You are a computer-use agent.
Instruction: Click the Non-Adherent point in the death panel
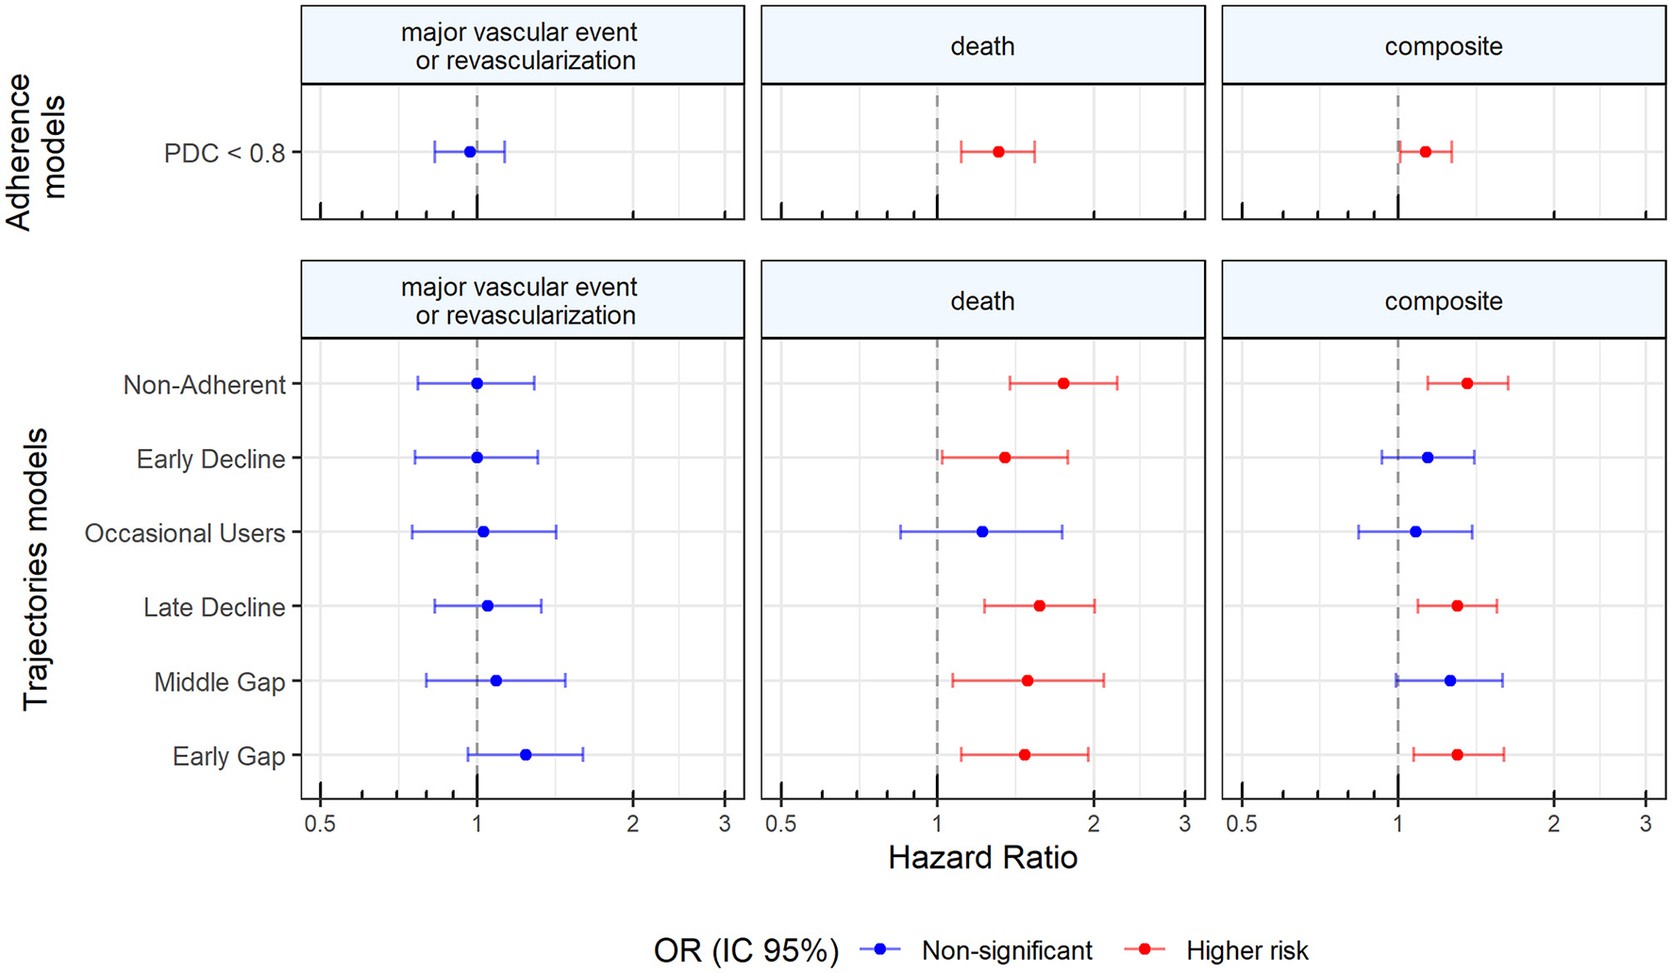point(1063,383)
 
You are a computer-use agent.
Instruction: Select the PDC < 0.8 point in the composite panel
point(1426,152)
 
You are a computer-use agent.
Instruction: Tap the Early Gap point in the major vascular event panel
point(526,755)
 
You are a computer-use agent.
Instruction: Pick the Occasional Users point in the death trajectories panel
point(982,532)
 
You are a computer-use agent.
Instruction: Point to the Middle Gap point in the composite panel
point(1450,680)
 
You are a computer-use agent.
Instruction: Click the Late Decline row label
point(214,607)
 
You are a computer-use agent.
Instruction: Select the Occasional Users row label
point(185,533)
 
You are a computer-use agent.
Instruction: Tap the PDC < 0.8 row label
point(225,153)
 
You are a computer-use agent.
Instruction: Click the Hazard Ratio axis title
point(982,857)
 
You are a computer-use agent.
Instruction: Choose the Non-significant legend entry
point(1007,950)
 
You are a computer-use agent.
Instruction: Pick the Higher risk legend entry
point(1246,950)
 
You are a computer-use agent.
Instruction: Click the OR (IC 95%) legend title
point(745,950)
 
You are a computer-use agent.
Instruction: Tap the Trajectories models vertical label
point(36,569)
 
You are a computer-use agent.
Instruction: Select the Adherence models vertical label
point(36,151)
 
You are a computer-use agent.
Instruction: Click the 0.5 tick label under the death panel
point(780,824)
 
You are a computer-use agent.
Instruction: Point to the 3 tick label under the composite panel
point(1646,824)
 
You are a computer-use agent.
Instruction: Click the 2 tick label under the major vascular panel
point(632,824)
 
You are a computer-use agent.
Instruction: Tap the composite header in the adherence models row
point(1443,46)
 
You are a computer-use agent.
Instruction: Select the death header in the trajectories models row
point(982,301)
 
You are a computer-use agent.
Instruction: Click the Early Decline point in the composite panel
point(1428,458)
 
